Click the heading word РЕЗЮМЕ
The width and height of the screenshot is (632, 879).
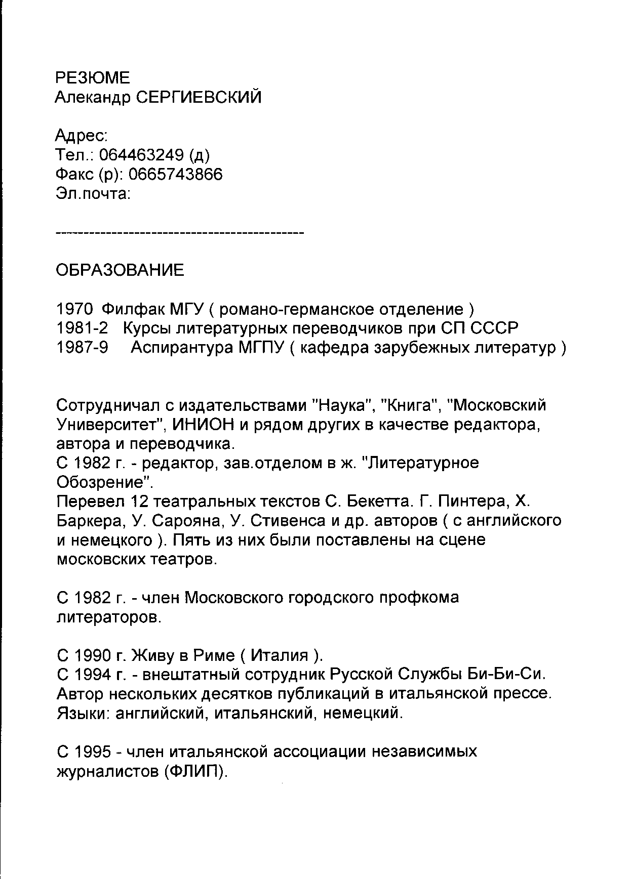click(x=92, y=77)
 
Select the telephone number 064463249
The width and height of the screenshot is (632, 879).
click(x=141, y=155)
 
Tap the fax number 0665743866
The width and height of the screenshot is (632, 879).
click(x=175, y=174)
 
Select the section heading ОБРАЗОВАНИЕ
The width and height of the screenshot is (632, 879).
click(x=120, y=270)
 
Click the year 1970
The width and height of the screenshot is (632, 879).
click(x=74, y=309)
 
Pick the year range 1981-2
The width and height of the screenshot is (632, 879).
click(x=82, y=328)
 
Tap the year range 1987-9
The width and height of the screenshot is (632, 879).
click(x=82, y=348)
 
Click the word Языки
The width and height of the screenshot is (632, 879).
click(x=83, y=714)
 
